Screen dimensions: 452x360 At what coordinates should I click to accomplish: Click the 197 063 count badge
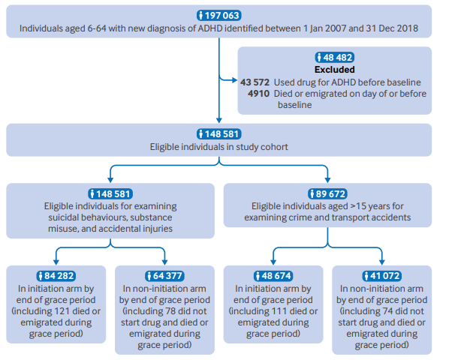click(x=218, y=15)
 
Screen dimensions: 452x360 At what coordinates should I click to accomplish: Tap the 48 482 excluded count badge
click(x=334, y=57)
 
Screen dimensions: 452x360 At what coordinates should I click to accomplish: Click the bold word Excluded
click(x=334, y=70)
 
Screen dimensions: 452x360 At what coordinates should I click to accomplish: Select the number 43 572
click(x=255, y=82)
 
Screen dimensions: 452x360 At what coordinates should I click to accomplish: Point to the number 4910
click(x=258, y=94)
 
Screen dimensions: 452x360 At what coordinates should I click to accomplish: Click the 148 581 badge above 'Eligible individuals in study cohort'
click(x=218, y=134)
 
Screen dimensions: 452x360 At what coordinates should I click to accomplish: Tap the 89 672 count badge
click(x=327, y=193)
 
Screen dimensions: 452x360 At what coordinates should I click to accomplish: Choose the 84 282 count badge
click(x=56, y=276)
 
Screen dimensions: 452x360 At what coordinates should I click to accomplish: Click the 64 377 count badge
click(x=164, y=276)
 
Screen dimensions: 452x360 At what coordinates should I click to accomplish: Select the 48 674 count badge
click(x=273, y=276)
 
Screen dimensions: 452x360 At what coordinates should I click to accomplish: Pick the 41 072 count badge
click(x=381, y=276)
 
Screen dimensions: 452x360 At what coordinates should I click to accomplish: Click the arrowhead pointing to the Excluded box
click(x=235, y=80)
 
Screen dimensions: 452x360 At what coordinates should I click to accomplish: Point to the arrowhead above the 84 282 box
click(x=56, y=262)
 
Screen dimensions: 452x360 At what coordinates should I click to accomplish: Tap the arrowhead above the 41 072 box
click(x=382, y=262)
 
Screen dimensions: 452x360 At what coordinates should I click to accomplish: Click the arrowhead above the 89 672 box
click(x=327, y=180)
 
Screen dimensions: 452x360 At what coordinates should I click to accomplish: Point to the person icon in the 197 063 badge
click(x=201, y=15)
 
